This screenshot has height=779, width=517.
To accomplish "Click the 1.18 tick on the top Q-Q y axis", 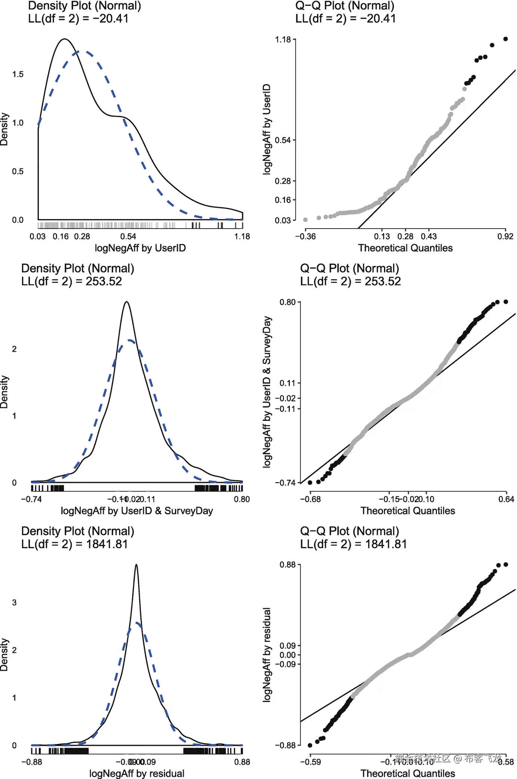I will pos(283,40).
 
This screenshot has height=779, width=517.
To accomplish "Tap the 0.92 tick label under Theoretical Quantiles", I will pos(505,236).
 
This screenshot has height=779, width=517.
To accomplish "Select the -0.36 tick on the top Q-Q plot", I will pos(305,236).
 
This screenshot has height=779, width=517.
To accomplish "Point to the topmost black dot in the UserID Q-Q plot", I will pos(505,39).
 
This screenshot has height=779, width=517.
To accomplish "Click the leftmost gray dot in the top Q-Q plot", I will pos(306,220).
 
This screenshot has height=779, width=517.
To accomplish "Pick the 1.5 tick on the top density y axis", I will pos(18,74).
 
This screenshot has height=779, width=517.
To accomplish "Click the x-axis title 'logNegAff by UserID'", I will pos(140,248).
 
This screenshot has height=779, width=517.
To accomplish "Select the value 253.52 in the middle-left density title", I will pos(104,281).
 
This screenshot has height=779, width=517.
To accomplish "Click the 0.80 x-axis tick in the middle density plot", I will pos(242,499).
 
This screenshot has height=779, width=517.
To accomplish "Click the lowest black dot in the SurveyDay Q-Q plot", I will pos(310,482).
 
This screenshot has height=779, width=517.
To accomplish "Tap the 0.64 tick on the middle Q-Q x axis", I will pos(506,499).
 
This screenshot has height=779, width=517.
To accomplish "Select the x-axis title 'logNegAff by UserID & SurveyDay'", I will pos(137,511).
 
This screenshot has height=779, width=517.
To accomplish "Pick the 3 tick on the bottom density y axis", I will pos(14,602).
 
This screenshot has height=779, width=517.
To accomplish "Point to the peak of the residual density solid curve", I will pos(136,565).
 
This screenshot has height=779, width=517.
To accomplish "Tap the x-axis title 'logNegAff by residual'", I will pos(137,773).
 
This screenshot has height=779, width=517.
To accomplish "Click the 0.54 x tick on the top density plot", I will pos(128,236).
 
